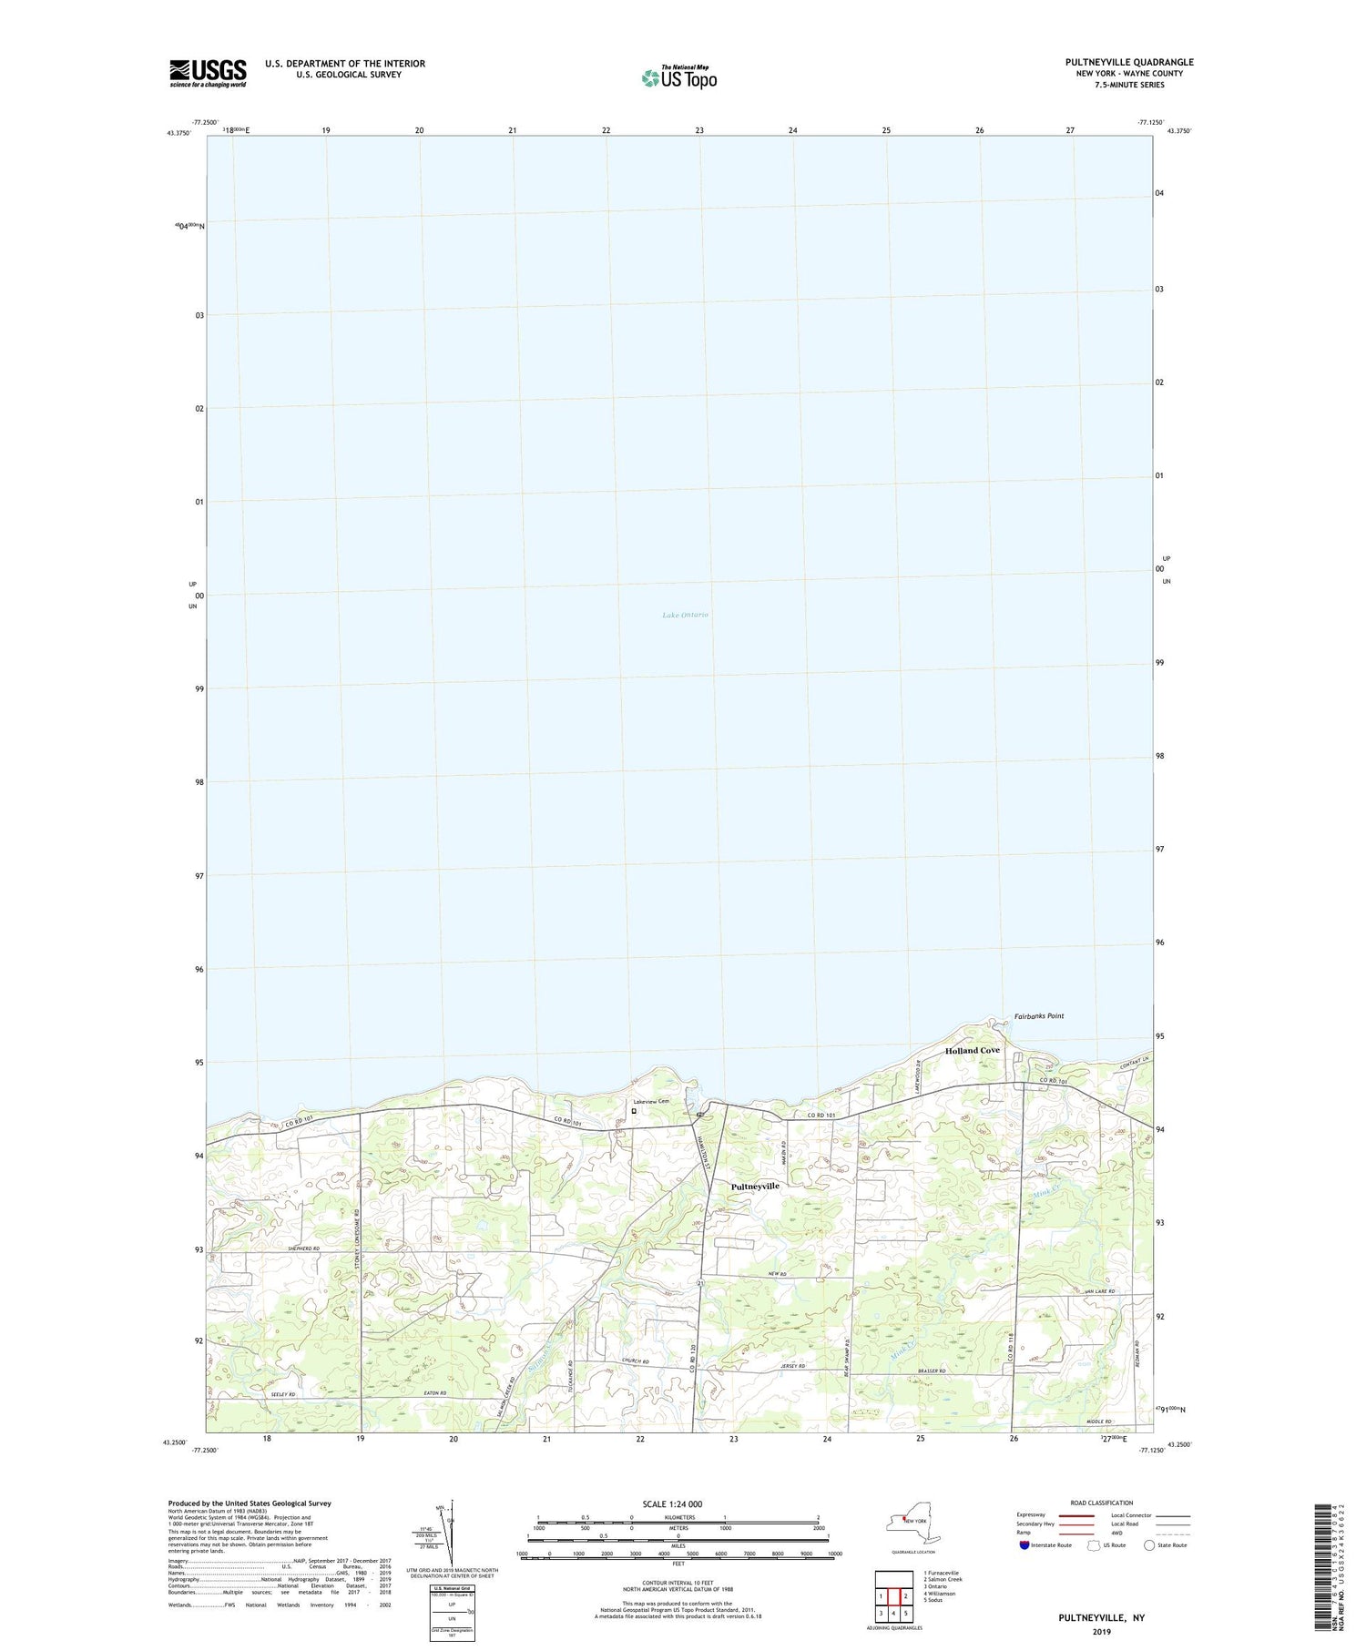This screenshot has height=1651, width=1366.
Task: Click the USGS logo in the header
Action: [x=208, y=73]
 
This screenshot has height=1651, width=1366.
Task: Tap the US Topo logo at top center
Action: [x=678, y=77]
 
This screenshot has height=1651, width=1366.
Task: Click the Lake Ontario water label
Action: [x=685, y=616]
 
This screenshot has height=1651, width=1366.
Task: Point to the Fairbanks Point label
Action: [x=1038, y=1016]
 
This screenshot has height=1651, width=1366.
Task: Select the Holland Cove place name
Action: [x=972, y=1050]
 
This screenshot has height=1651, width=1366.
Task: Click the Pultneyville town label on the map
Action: [x=755, y=1187]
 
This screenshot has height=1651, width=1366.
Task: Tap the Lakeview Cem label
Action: [x=651, y=1101]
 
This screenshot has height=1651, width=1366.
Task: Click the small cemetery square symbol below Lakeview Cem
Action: [x=634, y=1111]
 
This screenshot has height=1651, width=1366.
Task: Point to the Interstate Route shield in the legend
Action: [x=1024, y=1545]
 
